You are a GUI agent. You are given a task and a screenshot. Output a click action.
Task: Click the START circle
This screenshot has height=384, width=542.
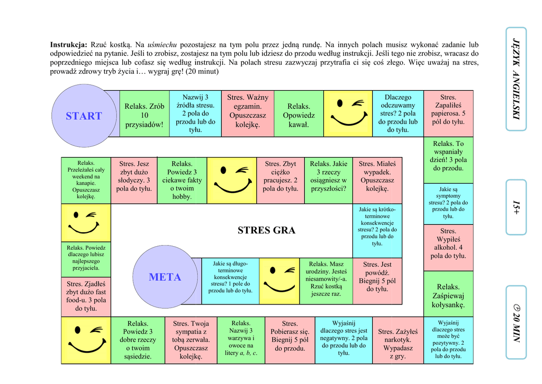(84, 116)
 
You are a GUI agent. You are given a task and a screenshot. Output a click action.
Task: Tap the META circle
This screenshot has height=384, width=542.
(165, 277)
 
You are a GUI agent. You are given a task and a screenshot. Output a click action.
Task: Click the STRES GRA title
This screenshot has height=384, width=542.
(266, 230)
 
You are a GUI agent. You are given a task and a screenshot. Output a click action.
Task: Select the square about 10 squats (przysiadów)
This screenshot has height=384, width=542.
(144, 114)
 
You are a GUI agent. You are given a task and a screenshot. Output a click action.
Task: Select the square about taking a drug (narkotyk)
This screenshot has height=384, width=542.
(398, 340)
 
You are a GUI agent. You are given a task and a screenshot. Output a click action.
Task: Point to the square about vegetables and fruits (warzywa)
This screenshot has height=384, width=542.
(241, 340)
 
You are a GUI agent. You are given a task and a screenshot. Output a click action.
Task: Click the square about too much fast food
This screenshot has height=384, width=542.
(86, 296)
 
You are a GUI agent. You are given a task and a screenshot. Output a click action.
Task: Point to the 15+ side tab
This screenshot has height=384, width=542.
(516, 207)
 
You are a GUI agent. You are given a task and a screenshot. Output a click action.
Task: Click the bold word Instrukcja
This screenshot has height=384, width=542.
(68, 45)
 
